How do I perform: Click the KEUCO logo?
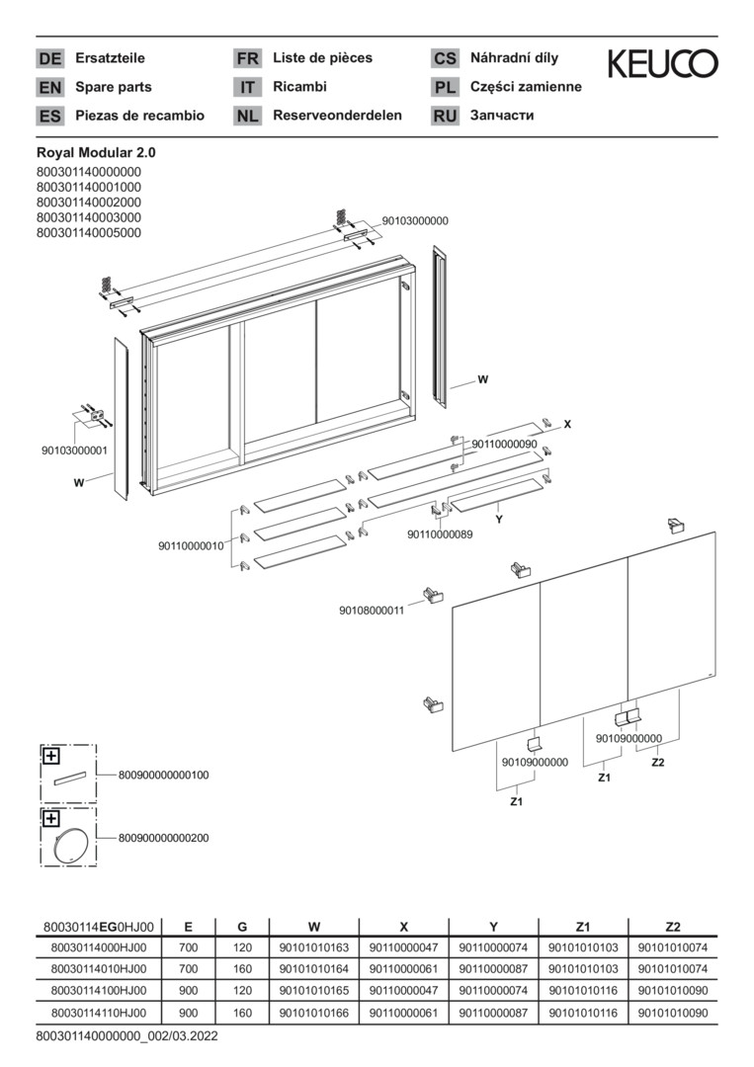click(662, 63)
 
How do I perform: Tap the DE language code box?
click(50, 58)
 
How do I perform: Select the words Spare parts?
click(114, 87)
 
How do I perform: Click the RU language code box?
click(445, 116)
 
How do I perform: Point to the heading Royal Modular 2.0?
click(96, 154)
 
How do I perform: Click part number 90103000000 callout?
click(415, 221)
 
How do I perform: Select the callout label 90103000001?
click(74, 451)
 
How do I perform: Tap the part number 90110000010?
click(192, 545)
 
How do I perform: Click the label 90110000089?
click(440, 534)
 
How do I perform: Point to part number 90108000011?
click(372, 611)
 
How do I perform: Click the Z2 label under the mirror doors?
click(657, 762)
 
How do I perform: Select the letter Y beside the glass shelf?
click(499, 520)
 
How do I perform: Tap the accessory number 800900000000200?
click(163, 838)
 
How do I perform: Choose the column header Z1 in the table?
click(583, 926)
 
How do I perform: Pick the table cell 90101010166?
click(313, 1013)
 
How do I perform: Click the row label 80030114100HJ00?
click(99, 991)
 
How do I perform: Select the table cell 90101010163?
click(313, 947)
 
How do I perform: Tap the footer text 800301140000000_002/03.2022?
click(127, 1036)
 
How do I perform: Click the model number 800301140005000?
click(89, 233)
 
